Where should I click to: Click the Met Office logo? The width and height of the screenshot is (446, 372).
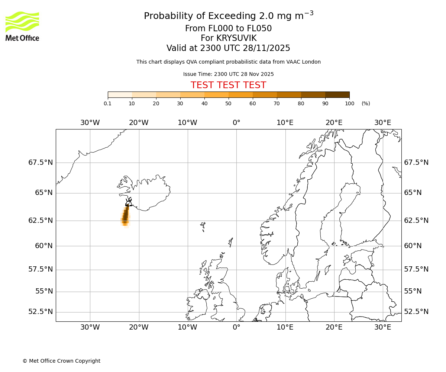click(22, 26)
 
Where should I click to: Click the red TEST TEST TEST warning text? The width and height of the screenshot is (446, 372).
click(228, 85)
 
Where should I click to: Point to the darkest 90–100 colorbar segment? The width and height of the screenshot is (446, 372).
click(337, 95)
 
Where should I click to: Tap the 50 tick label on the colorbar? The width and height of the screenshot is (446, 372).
click(228, 103)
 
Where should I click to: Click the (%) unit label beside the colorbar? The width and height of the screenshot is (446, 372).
click(366, 103)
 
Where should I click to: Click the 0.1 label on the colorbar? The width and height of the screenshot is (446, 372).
click(107, 103)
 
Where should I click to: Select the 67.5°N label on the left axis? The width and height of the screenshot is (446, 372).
click(41, 163)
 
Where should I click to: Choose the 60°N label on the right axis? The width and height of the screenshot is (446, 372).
click(413, 246)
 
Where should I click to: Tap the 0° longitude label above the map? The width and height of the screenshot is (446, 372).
click(236, 123)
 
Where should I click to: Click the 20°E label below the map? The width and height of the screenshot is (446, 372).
click(334, 327)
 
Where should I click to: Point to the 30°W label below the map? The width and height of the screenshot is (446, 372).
click(90, 327)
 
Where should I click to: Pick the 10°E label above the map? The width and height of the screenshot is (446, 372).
click(285, 123)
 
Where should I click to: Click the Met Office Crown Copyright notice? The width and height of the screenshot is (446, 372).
click(61, 361)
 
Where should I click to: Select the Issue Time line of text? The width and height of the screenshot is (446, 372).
click(228, 74)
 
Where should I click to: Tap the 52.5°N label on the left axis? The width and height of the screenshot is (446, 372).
click(41, 312)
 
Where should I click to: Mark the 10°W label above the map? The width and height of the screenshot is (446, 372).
click(187, 123)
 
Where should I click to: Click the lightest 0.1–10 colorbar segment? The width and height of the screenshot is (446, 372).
click(120, 95)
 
